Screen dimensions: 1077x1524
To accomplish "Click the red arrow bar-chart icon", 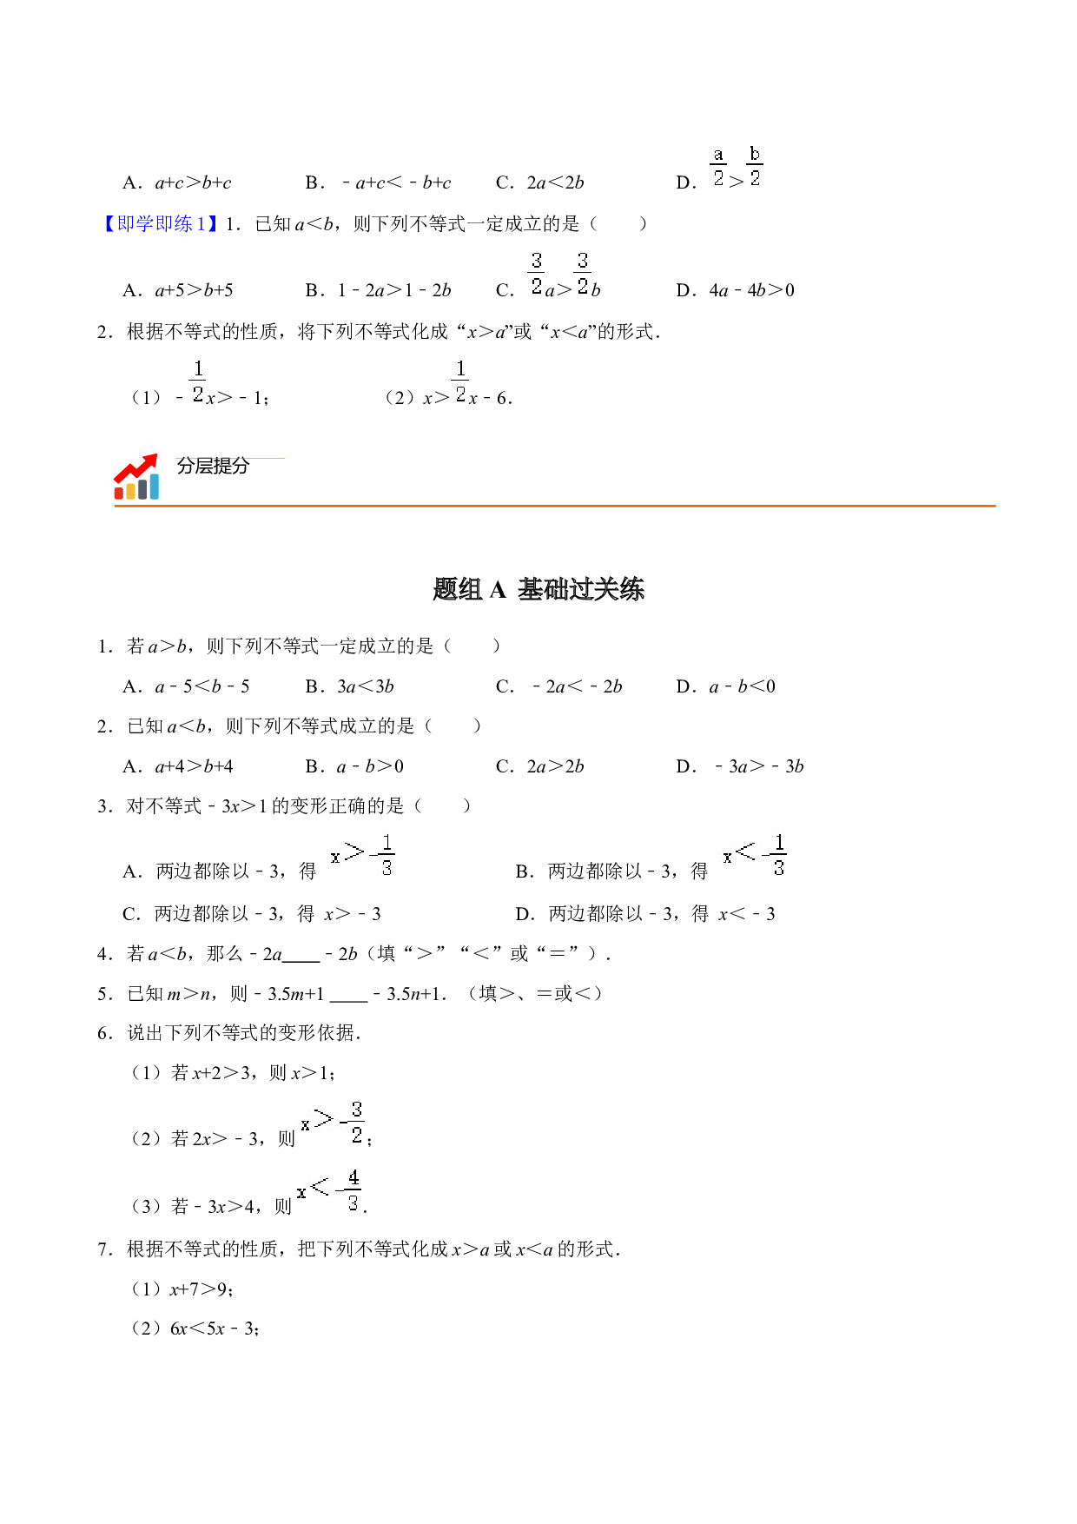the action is tap(136, 476).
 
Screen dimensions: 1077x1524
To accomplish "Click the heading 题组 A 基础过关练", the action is tap(538, 590).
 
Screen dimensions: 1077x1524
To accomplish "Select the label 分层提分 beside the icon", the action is tap(213, 467).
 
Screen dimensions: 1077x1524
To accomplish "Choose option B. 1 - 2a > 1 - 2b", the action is tap(378, 290).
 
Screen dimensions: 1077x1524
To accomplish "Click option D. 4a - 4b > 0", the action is tap(735, 290).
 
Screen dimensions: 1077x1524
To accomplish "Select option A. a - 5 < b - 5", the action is tap(186, 686).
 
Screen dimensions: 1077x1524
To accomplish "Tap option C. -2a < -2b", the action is tap(558, 686).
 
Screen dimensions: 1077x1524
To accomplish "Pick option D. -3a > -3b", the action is tap(740, 766).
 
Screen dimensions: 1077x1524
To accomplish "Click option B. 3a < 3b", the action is tap(349, 686).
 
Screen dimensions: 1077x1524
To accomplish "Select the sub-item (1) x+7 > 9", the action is tap(182, 1289).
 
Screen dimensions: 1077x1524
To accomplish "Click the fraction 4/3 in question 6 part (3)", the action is tap(353, 1190).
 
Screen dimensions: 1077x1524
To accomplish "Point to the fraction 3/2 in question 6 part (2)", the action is tap(356, 1123).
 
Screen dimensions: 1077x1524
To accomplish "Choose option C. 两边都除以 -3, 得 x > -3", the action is tap(252, 914).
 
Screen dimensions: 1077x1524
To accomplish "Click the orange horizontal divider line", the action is tap(555, 506).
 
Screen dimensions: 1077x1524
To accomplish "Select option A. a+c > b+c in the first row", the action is tap(177, 182).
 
